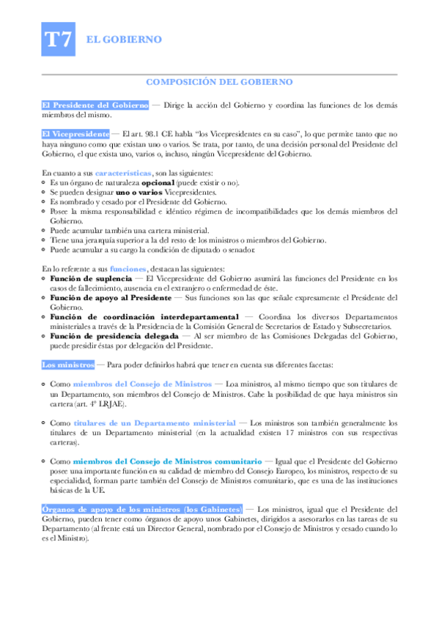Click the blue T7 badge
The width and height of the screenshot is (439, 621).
[x=59, y=40]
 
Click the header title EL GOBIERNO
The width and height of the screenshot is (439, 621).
[x=125, y=40]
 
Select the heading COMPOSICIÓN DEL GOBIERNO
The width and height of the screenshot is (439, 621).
[x=220, y=82]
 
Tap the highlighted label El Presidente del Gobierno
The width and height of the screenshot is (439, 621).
[x=95, y=105]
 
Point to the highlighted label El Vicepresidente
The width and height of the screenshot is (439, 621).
[x=76, y=134]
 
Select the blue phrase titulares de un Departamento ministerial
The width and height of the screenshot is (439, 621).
[x=155, y=423]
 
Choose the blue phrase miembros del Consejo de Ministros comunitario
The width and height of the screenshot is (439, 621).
[x=167, y=462]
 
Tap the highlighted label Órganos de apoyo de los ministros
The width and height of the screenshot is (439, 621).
[x=141, y=509]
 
